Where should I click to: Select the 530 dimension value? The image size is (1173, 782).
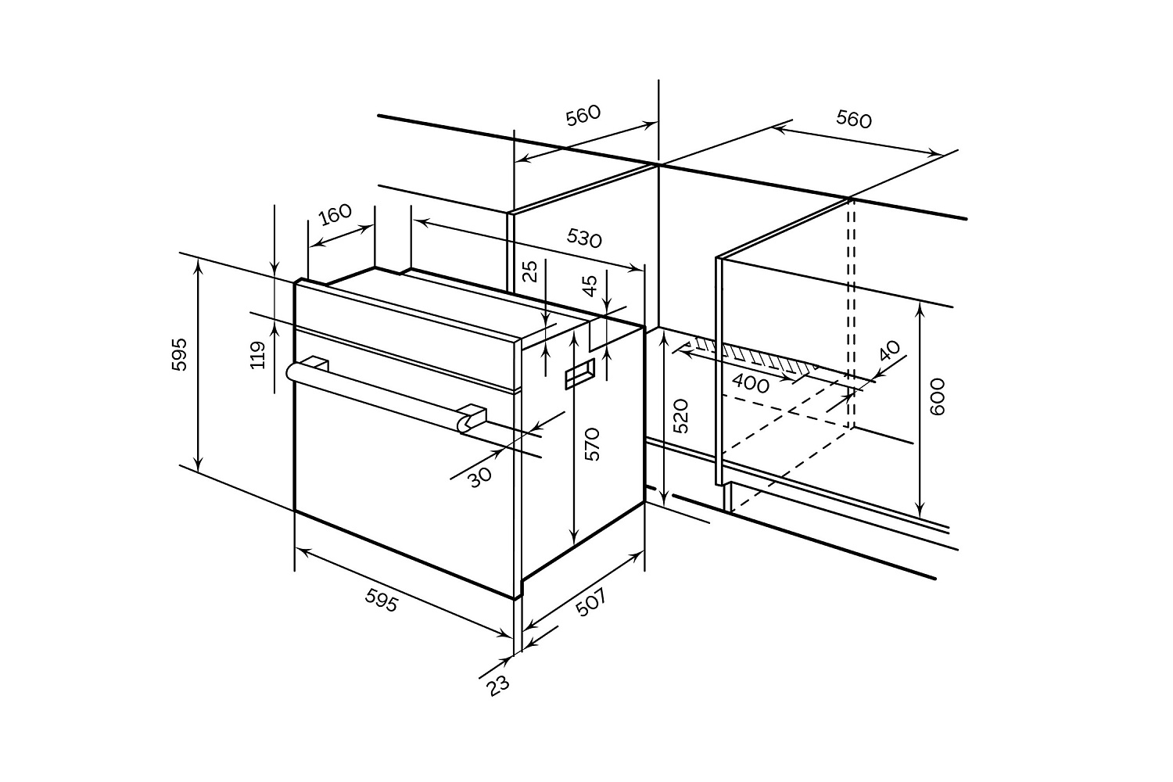point(584,238)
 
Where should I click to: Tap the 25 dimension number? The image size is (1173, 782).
point(530,271)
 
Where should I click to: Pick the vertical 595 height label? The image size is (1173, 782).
point(180,354)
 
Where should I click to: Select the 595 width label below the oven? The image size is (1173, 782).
point(382,600)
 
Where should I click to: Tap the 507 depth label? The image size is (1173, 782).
point(590,602)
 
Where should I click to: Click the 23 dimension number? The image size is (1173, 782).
point(497,685)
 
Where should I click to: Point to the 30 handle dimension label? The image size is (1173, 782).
point(480,476)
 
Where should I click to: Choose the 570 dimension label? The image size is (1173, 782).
point(592,443)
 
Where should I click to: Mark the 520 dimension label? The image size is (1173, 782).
point(681,416)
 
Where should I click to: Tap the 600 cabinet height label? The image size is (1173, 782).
point(938,396)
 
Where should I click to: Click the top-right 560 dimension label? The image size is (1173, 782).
point(853,119)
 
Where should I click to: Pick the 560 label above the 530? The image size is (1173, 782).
point(583,115)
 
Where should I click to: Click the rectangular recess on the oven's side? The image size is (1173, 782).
point(579,374)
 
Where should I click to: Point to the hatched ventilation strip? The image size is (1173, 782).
point(751,356)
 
